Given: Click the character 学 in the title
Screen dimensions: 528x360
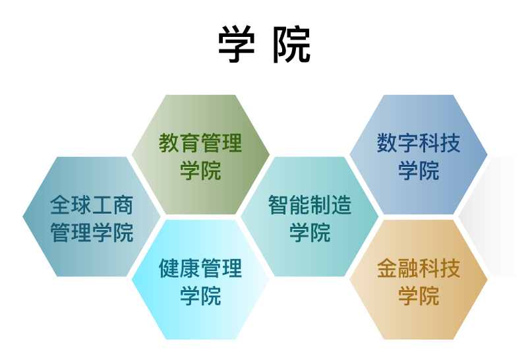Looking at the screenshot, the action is click(x=237, y=44).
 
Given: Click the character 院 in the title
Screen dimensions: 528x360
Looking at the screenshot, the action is click(x=291, y=44).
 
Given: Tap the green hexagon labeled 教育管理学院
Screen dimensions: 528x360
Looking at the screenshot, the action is click(x=200, y=154).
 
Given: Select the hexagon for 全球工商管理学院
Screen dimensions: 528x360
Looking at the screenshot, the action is click(x=92, y=216).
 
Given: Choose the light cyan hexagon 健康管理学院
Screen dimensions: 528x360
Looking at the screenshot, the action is click(x=200, y=280).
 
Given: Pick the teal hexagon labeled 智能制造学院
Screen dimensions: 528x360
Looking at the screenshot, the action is click(x=310, y=216).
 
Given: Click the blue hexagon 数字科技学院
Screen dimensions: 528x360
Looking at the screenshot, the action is click(x=419, y=154).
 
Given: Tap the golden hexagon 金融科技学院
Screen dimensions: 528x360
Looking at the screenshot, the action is click(x=419, y=280).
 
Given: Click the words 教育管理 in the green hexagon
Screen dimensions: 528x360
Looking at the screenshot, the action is click(x=200, y=143).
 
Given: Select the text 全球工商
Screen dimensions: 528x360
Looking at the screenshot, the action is click(x=92, y=205).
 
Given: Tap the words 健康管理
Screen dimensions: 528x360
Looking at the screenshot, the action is click(x=200, y=268).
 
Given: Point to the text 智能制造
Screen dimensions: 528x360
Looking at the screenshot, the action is click(x=310, y=205).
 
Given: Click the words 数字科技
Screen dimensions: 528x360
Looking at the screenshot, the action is click(x=419, y=143).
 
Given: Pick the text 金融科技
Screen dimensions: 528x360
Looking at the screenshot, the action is click(x=419, y=268).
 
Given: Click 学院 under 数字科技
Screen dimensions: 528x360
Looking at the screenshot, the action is click(x=419, y=170).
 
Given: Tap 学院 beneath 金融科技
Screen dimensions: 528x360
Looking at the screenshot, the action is click(x=419, y=295).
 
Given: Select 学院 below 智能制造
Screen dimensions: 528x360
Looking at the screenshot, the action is click(x=310, y=232).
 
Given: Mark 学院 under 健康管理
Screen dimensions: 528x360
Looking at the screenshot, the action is click(x=200, y=295).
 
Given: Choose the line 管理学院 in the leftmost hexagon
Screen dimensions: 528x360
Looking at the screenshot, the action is click(x=92, y=232).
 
